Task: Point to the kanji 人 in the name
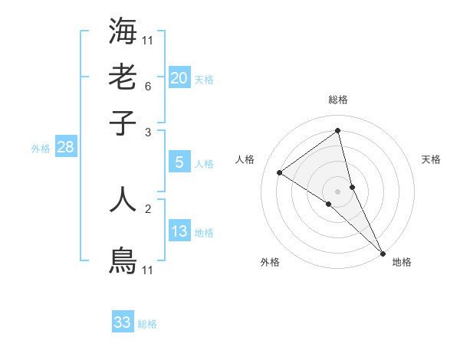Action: tap(123, 198)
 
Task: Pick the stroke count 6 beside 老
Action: tap(148, 87)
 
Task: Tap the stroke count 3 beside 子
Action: tap(148, 133)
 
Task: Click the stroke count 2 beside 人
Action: tap(148, 208)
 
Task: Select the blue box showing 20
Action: tap(179, 77)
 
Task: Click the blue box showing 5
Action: tap(179, 162)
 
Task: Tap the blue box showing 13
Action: tap(179, 231)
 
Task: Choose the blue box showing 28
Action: tap(65, 147)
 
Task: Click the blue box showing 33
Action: tap(123, 322)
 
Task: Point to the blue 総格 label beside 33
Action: tap(147, 324)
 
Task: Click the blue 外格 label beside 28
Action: tap(41, 149)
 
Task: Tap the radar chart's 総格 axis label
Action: tap(338, 100)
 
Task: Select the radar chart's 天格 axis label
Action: tap(431, 159)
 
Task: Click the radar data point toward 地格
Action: tap(383, 252)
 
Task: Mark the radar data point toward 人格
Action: tap(280, 172)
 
